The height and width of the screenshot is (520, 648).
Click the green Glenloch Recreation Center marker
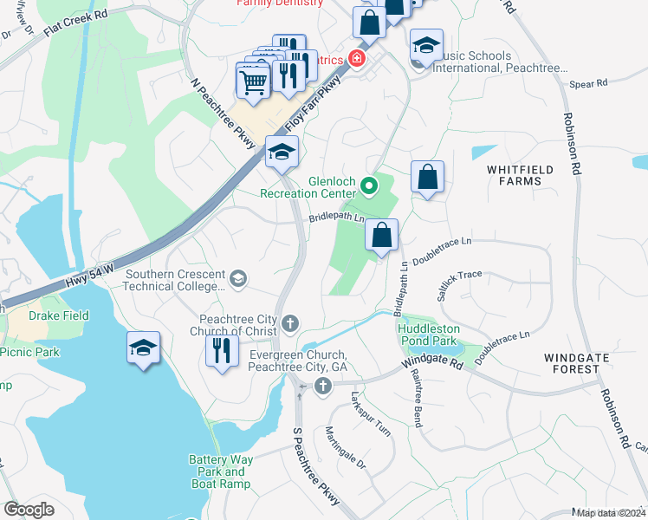point(369,185)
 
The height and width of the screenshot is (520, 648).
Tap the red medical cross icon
point(355,59)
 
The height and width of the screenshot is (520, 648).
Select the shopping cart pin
point(252,82)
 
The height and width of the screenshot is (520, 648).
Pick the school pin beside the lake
point(143,348)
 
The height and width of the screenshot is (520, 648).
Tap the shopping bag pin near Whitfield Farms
point(427,178)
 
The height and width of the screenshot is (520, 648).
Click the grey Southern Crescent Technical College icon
point(238,278)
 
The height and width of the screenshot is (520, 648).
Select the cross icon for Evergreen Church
point(324,386)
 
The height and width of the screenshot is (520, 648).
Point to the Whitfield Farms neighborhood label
point(514,174)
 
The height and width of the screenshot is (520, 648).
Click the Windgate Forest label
point(571,363)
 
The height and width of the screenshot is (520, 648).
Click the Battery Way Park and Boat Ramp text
point(220,471)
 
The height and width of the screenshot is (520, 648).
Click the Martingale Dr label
point(346,448)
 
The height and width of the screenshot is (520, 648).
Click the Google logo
point(29,509)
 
